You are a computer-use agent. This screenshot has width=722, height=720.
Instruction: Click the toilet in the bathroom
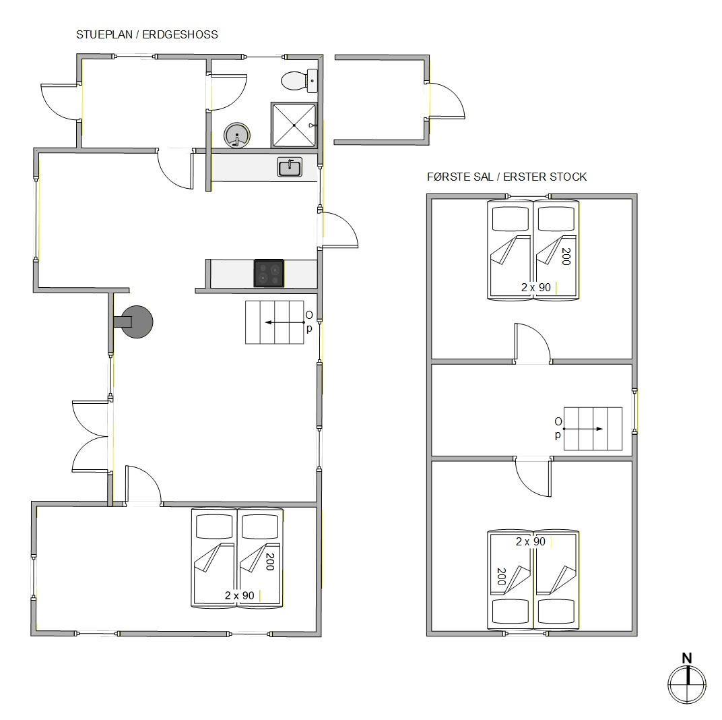299,81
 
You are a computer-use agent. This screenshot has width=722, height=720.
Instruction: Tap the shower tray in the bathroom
294,125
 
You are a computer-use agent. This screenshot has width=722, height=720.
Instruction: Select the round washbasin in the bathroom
236,136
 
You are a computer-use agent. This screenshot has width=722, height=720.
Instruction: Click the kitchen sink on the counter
290,167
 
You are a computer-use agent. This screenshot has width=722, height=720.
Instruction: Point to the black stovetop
269,273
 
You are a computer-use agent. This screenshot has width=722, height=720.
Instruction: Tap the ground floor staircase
274,322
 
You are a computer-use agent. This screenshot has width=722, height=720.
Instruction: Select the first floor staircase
593,429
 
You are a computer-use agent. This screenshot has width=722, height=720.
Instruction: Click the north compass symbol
687,684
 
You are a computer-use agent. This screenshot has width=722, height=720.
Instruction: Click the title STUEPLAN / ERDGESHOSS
147,34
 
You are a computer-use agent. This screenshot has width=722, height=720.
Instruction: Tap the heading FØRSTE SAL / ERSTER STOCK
507,177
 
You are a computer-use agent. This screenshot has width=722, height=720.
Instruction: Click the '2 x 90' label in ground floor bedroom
240,595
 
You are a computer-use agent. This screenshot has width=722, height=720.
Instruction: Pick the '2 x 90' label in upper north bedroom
536,287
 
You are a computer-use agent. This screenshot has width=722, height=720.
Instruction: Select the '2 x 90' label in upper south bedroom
531,541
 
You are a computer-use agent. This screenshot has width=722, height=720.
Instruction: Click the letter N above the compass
687,658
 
